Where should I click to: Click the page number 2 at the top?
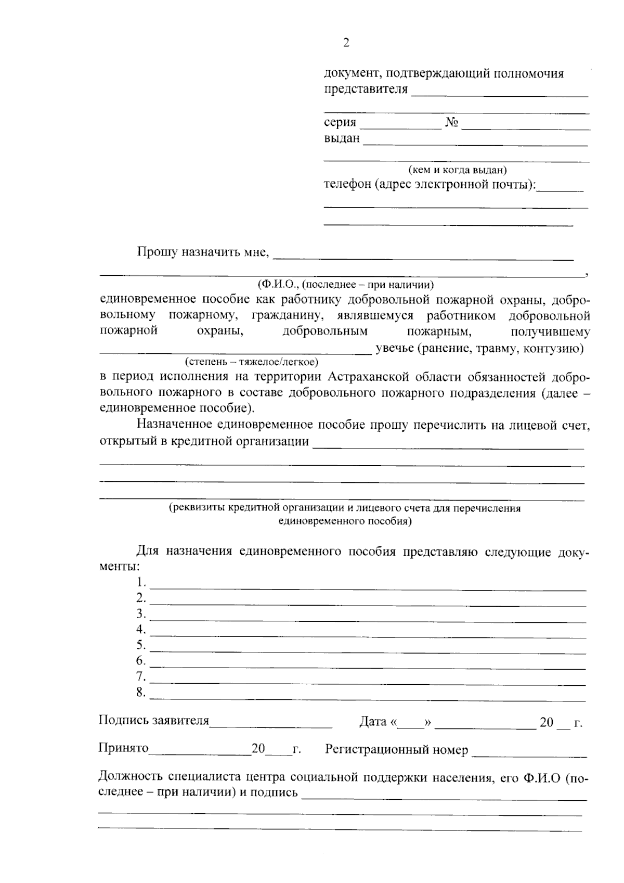pos(346,43)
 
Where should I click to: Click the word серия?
pos(340,123)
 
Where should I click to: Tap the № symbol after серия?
pos(451,123)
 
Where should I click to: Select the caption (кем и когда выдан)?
pos(457,170)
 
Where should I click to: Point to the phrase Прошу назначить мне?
pos(203,252)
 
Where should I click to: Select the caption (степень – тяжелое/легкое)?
pos(251,361)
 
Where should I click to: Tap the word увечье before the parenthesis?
pos(395,348)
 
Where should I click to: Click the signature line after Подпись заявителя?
pos(270,725)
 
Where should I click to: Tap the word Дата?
pos(373,722)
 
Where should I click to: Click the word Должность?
pos(130,777)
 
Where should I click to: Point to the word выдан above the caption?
pos(342,139)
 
